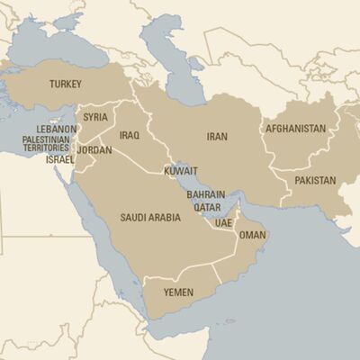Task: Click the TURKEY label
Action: [66, 85]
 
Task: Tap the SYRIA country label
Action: [95, 117]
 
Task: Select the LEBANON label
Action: [57, 130]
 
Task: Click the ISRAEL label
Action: [60, 159]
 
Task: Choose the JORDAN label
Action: [94, 150]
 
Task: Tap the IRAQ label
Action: [129, 136]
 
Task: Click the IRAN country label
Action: [217, 137]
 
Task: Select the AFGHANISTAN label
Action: [295, 129]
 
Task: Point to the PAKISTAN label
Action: [313, 180]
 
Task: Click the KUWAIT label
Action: [181, 170]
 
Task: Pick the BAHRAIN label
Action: [205, 194]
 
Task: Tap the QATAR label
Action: [207, 207]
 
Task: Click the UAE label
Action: [223, 222]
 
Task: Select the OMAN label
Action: [253, 235]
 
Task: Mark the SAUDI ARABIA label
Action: [151, 218]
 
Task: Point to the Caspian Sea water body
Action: [174, 63]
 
